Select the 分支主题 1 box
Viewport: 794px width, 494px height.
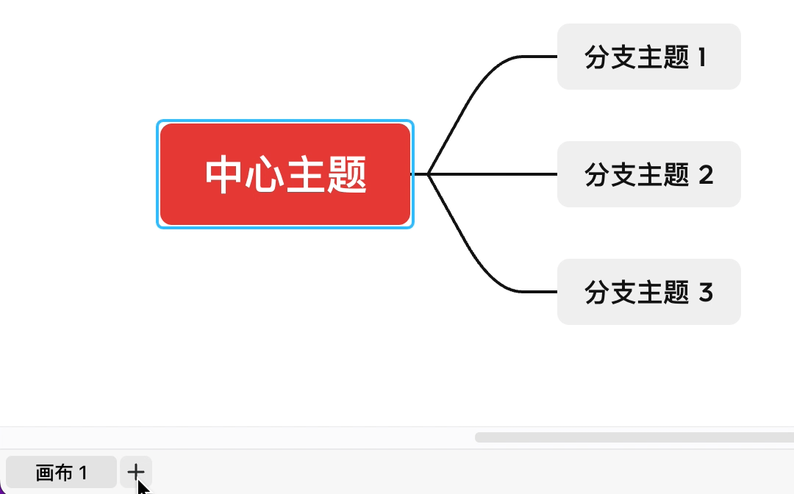648,57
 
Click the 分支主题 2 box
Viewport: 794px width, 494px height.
648,174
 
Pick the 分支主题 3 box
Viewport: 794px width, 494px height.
648,292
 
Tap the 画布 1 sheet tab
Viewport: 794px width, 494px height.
61,472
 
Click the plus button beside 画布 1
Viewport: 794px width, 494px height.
136,471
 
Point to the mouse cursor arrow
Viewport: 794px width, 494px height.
142,486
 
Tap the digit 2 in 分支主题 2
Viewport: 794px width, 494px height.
705,175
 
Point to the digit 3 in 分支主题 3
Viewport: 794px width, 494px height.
705,293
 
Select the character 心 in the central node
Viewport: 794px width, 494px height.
265,175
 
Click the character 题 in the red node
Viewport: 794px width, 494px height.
346,175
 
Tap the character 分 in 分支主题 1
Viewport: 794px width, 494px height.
596,57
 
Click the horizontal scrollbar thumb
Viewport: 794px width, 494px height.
632,437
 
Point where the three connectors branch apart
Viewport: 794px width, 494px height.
428,174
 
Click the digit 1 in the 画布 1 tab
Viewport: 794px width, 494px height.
83,473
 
